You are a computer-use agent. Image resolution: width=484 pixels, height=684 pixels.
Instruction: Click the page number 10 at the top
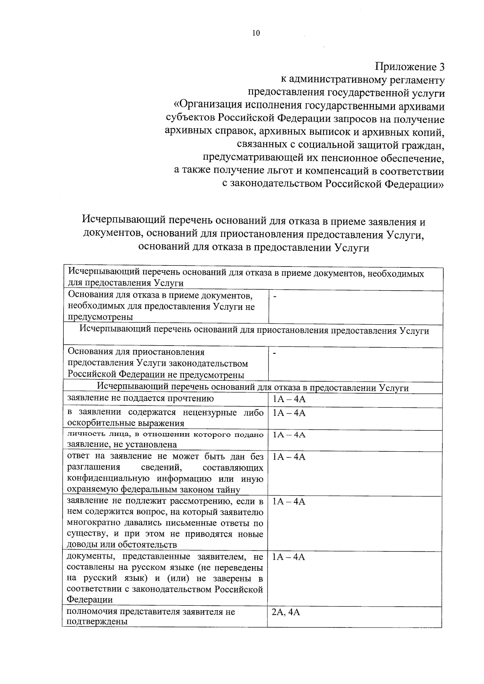(x=256, y=33)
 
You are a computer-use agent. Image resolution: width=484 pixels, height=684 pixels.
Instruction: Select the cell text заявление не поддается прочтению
(x=140, y=399)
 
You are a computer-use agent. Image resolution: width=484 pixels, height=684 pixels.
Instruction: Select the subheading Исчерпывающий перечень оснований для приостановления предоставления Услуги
(x=254, y=331)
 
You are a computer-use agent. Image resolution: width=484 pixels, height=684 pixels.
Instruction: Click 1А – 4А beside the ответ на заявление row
(x=289, y=457)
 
